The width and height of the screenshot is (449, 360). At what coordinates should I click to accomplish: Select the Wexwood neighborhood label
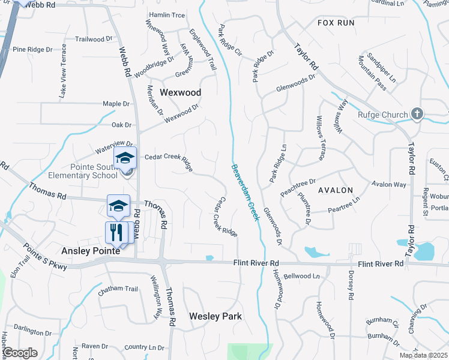(180, 92)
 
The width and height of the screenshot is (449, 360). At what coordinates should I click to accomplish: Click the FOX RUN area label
(336, 23)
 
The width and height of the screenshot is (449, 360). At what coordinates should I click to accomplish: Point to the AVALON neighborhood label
(336, 190)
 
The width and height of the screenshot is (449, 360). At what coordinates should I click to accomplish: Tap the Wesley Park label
(215, 316)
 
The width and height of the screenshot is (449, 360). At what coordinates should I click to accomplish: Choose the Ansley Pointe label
(91, 251)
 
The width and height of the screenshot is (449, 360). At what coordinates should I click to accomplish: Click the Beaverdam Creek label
(246, 192)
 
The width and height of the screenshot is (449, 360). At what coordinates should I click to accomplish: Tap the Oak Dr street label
(121, 125)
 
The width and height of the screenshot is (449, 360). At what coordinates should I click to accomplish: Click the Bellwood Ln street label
(302, 277)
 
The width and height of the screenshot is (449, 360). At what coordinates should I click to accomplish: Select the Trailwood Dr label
(94, 39)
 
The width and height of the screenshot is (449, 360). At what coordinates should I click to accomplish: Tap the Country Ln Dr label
(144, 347)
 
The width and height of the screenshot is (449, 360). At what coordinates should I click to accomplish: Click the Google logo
(20, 353)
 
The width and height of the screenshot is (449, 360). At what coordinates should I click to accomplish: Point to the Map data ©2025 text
(423, 355)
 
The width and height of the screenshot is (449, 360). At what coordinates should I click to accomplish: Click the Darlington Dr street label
(33, 332)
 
